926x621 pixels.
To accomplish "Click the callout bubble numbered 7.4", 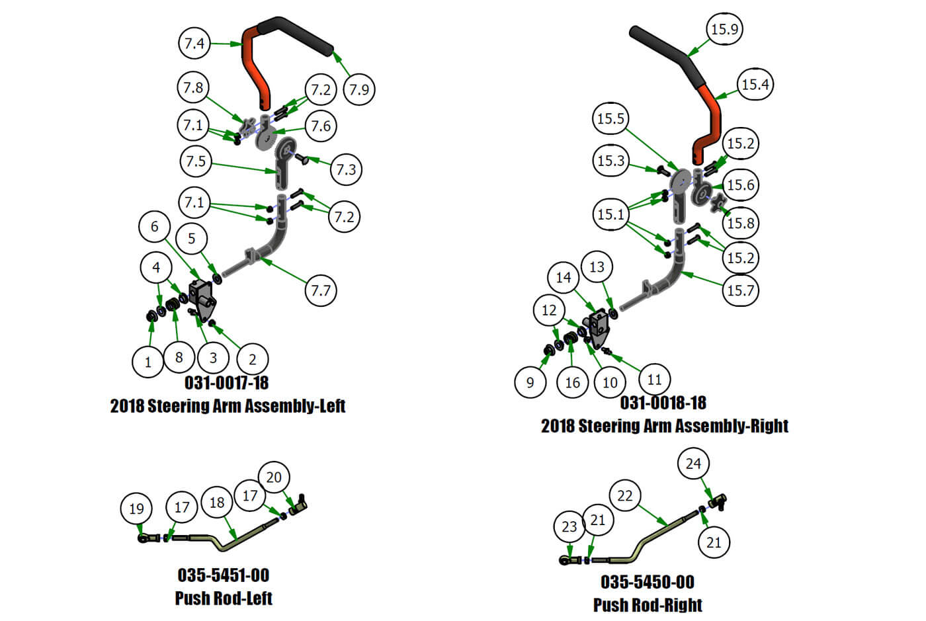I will click(x=194, y=44).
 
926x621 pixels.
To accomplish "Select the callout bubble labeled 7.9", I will click(x=359, y=89).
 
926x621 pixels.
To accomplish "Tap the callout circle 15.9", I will click(x=724, y=29).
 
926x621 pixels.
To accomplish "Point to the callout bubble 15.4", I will click(x=755, y=85).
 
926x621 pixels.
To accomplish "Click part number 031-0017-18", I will click(x=226, y=383).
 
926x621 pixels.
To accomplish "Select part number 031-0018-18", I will click(x=663, y=403).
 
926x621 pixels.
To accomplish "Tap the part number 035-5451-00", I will click(x=224, y=575).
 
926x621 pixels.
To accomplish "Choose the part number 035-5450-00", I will click(x=648, y=582).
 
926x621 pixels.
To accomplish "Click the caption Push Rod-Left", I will click(x=224, y=598).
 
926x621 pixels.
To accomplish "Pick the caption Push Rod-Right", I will click(x=648, y=604).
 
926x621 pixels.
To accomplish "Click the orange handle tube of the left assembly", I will click(x=254, y=66).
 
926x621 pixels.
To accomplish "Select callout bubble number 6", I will click(x=155, y=227).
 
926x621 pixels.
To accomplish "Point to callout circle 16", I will click(x=573, y=382).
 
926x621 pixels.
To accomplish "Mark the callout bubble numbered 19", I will click(x=136, y=509).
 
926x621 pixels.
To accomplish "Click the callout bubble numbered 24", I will click(x=693, y=464).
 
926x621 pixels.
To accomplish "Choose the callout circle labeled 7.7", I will click(x=321, y=290).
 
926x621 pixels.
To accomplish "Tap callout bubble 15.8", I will click(x=741, y=224).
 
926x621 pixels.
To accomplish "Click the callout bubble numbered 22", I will click(x=625, y=496).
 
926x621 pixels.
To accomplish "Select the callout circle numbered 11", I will click(x=654, y=380).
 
